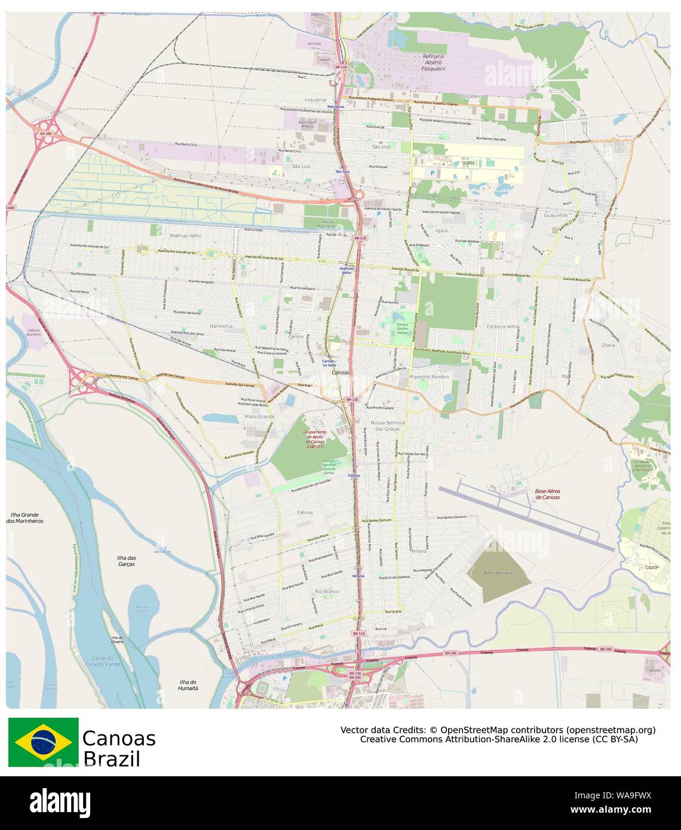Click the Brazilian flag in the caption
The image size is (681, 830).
(x=43, y=742)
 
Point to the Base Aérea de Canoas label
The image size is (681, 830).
(x=547, y=494)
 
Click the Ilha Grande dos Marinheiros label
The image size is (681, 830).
(x=24, y=517)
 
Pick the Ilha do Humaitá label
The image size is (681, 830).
(x=188, y=685)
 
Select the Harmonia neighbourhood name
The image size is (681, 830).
(x=220, y=326)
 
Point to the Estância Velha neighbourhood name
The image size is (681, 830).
(x=503, y=326)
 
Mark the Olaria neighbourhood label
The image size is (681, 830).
(x=608, y=345)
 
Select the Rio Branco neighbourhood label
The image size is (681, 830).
(x=327, y=591)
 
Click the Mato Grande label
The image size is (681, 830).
(x=259, y=416)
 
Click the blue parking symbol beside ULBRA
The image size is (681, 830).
(x=432, y=173)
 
